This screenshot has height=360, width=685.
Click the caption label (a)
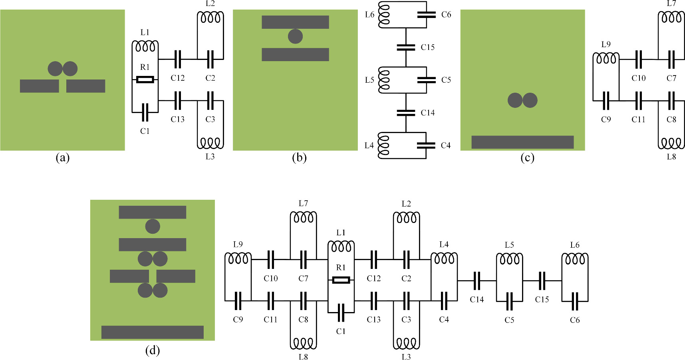click(x=62, y=158)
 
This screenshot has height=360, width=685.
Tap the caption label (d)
click(x=152, y=350)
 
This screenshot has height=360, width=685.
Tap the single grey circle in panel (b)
click(x=295, y=36)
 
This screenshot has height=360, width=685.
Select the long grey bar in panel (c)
click(x=522, y=142)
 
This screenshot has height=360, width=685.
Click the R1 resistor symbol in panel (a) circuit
click(x=145, y=80)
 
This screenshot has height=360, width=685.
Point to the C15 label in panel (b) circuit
click(x=427, y=47)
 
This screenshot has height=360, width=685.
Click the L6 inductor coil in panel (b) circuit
click(x=384, y=15)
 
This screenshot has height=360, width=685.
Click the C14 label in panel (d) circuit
click(x=477, y=299)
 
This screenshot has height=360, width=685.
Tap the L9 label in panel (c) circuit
click(x=606, y=44)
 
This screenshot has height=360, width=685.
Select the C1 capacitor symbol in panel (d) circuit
click(x=341, y=312)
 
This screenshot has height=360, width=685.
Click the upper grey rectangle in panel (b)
click(x=295, y=22)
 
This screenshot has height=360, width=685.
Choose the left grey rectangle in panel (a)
click(x=39, y=86)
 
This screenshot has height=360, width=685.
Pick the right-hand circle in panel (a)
click(x=70, y=69)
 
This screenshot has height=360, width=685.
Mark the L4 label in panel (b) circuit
click(x=369, y=145)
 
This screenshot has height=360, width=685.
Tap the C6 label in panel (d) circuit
click(x=574, y=320)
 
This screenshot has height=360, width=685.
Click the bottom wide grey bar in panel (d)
click(x=152, y=332)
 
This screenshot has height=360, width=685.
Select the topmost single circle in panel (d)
click(x=152, y=226)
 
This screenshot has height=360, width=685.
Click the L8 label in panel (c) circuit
click(x=671, y=157)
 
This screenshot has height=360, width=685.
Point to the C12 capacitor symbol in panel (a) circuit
click(x=178, y=59)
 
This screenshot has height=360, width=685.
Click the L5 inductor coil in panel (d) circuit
click(x=509, y=259)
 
